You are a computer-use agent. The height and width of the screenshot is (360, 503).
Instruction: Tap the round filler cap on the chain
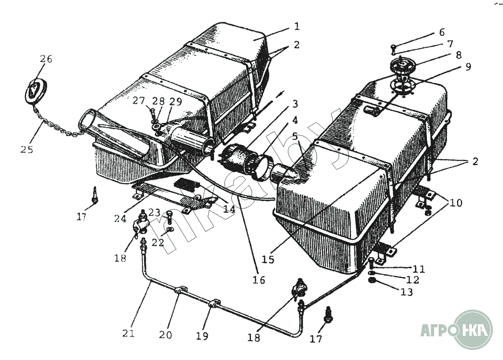tap(35, 90)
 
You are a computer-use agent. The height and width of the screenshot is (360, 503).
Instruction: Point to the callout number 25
tap(27, 149)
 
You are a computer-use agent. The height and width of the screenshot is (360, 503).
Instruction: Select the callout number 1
tap(297, 26)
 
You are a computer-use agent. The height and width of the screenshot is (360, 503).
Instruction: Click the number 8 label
tap(459, 55)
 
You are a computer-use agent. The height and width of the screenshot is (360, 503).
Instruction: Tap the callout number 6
tap(442, 32)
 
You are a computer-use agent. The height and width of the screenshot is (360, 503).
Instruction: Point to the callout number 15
tap(268, 259)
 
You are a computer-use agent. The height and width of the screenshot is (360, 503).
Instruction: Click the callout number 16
tap(260, 280)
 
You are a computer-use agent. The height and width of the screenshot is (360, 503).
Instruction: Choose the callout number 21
tap(129, 333)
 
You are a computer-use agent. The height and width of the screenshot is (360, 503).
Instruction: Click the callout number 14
tap(229, 208)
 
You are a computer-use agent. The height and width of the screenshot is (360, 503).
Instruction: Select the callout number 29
tap(176, 101)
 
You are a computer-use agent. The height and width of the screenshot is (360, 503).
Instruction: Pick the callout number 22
tap(157, 243)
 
